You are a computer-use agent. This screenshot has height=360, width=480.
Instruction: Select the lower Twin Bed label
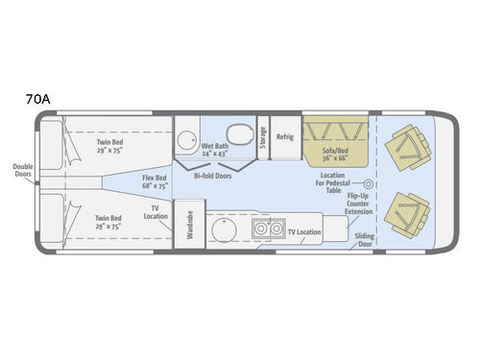108,222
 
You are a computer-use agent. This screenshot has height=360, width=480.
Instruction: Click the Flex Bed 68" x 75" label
156,183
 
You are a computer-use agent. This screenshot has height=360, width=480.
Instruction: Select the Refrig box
284,137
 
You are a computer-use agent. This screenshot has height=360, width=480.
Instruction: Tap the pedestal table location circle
367,183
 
